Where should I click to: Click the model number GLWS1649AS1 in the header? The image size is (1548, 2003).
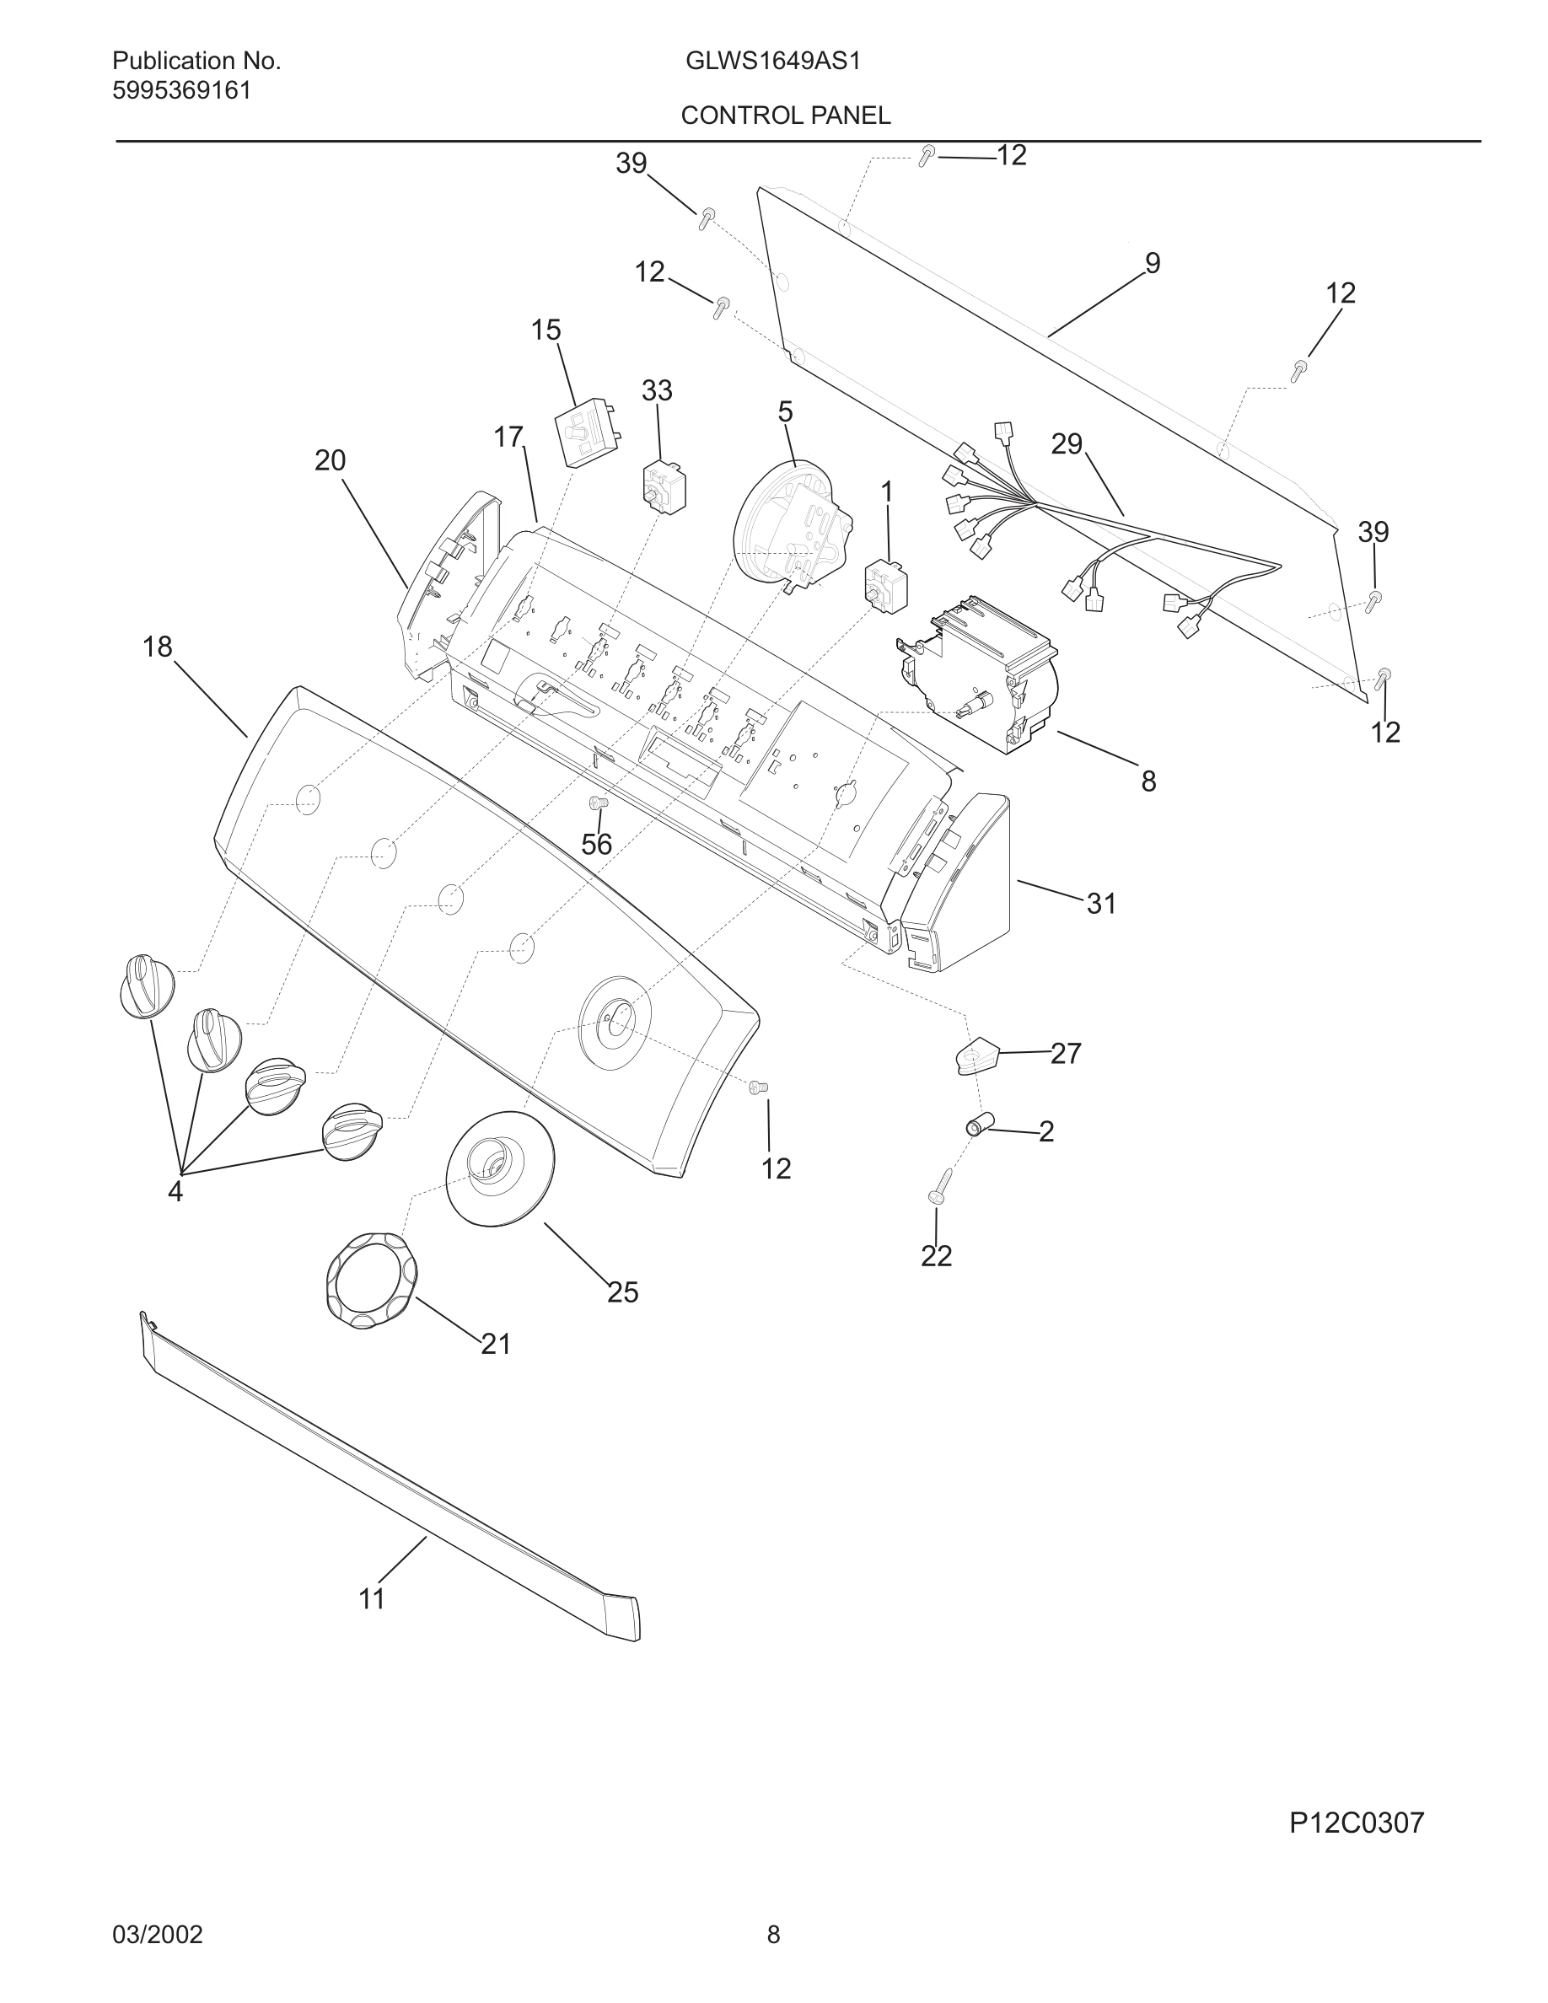(x=772, y=62)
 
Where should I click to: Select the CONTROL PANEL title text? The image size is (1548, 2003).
(x=785, y=115)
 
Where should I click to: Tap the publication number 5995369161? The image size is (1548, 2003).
(x=181, y=91)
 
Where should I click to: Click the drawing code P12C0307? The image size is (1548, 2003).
(x=1357, y=1823)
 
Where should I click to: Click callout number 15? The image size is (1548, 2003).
(x=546, y=330)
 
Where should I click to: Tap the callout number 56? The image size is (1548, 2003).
(x=596, y=844)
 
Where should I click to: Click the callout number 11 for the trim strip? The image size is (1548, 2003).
(x=372, y=1598)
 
